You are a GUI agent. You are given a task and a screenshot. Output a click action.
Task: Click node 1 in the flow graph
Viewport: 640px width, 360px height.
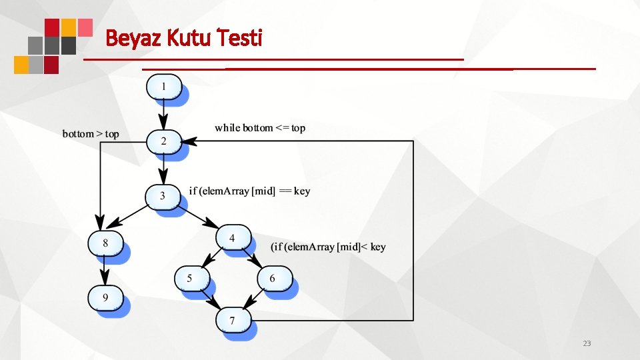point(163,87)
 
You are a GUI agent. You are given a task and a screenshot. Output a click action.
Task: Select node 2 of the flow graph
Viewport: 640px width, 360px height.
point(163,141)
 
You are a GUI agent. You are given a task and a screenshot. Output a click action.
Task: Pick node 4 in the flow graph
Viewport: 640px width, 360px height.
point(233,237)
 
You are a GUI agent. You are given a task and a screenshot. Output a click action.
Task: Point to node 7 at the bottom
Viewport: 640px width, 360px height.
point(233,321)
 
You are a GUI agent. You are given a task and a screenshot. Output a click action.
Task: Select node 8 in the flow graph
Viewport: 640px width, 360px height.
point(105,243)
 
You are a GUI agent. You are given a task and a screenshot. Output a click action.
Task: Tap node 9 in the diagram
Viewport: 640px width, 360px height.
point(105,297)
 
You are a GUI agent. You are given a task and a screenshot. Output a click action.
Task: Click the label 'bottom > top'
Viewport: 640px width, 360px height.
point(91,134)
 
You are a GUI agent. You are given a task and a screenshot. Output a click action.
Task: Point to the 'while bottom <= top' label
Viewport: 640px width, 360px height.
point(260,127)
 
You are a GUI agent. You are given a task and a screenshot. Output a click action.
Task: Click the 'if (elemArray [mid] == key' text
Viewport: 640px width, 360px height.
point(249,191)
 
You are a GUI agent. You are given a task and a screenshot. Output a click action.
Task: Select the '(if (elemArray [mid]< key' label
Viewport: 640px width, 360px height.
point(328,247)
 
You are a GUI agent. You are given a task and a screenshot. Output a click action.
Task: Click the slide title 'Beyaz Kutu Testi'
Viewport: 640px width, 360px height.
point(184,38)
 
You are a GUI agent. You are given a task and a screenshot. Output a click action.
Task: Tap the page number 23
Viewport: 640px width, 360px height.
point(587,343)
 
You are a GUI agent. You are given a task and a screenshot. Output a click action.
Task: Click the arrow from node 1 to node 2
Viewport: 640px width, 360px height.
point(163,115)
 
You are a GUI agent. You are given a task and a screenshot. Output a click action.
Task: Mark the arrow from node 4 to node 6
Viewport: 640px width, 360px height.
point(253,258)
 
